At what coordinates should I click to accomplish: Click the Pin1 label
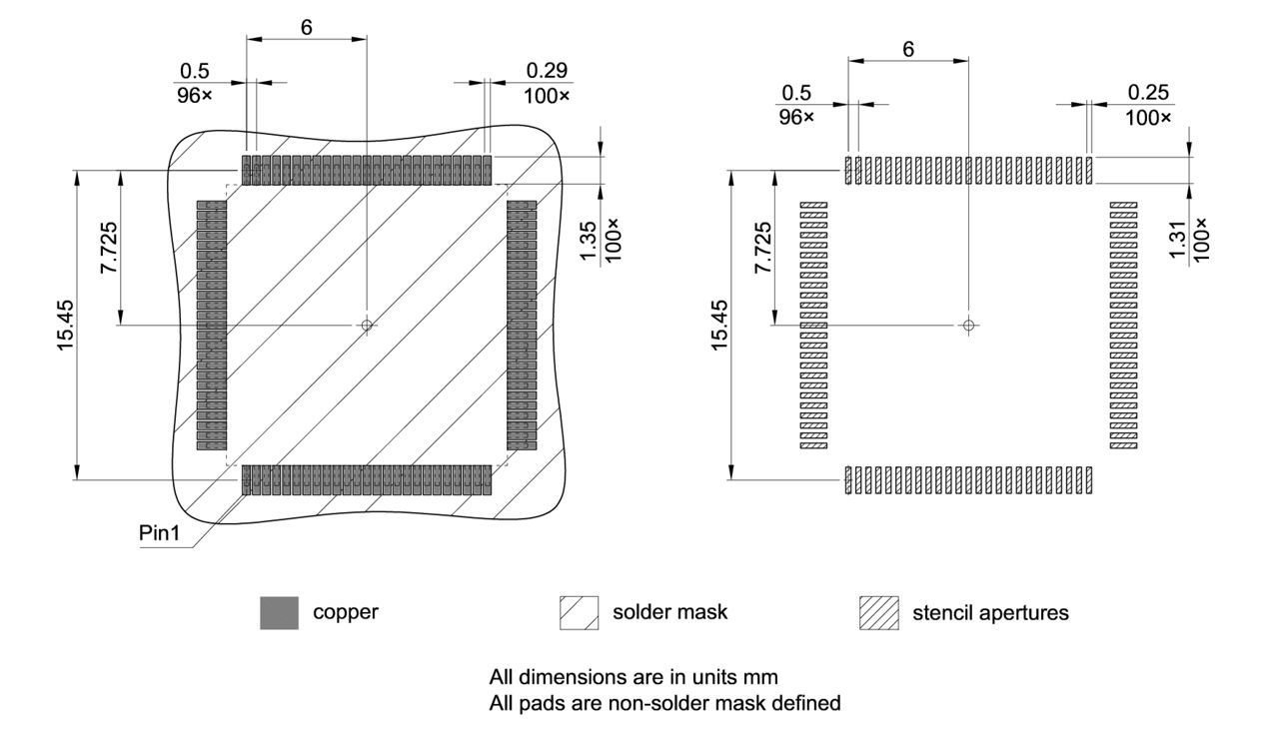(x=158, y=532)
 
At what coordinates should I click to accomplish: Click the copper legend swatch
(x=278, y=612)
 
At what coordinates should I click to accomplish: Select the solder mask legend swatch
(x=579, y=612)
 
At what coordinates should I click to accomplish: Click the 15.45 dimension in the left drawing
(x=66, y=326)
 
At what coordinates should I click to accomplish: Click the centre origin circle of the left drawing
(x=367, y=325)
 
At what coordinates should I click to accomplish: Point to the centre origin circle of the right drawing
(x=968, y=326)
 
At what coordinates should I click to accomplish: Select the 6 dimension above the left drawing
(x=306, y=27)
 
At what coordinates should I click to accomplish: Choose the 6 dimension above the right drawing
(x=907, y=48)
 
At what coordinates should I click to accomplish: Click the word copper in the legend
(x=346, y=612)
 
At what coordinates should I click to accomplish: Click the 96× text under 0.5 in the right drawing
(x=796, y=117)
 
